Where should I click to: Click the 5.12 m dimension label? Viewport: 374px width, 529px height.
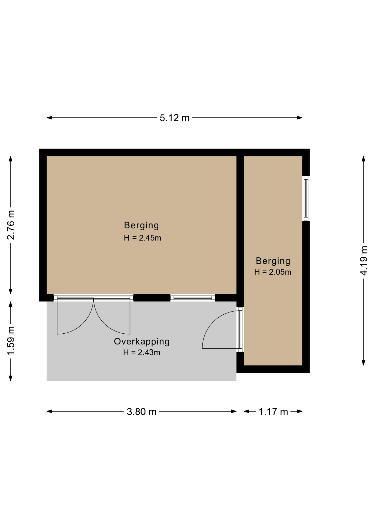(175, 118)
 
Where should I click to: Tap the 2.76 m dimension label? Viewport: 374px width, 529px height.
(11, 225)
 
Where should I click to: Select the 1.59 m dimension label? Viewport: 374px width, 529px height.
(11, 341)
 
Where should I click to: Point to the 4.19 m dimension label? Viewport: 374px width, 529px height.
(364, 261)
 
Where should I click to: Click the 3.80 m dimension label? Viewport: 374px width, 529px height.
(142, 412)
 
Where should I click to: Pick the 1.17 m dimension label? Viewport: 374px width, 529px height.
(273, 412)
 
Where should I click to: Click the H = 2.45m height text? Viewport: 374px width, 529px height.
(142, 238)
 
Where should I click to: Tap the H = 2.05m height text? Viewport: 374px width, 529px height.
(273, 272)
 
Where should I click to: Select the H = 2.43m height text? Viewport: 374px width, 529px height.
(142, 352)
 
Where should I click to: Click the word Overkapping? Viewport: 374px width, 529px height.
(142, 342)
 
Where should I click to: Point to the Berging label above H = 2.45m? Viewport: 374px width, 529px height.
(142, 225)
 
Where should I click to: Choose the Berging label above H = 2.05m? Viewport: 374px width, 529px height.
(273, 261)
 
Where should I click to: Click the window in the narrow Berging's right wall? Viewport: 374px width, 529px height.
(306, 198)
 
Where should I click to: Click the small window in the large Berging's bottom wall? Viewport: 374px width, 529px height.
(193, 298)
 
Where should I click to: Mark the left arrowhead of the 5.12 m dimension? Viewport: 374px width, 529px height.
(49, 118)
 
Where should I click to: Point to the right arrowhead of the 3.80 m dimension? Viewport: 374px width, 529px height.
(234, 412)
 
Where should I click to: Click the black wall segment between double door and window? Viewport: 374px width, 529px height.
(152, 298)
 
